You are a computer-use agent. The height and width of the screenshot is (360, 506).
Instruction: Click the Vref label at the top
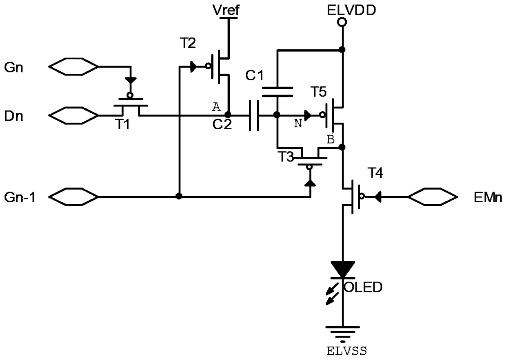pyautogui.click(x=226, y=10)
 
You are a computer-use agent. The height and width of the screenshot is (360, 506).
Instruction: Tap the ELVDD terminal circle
pyautogui.click(x=342, y=22)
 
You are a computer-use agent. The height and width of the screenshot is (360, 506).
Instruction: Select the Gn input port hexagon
pyautogui.click(x=73, y=66)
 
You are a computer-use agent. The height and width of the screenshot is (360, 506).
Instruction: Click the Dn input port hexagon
pyautogui.click(x=73, y=115)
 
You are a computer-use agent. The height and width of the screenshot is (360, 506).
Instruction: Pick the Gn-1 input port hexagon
pyautogui.click(x=73, y=197)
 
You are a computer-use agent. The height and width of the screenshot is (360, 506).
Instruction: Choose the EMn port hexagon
pyautogui.click(x=433, y=197)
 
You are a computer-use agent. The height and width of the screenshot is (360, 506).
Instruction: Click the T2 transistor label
pyautogui.click(x=188, y=43)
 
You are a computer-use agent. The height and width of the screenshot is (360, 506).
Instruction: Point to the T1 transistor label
pyautogui.click(x=122, y=124)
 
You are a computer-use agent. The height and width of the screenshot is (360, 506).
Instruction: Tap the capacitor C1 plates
pyautogui.click(x=277, y=92)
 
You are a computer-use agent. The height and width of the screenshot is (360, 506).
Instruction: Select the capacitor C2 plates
pyautogui.click(x=254, y=115)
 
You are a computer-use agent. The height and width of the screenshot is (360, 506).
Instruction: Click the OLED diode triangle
pyautogui.click(x=343, y=269)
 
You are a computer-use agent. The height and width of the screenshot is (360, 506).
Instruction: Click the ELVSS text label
pyautogui.click(x=347, y=351)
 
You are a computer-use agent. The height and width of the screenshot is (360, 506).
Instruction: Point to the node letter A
pyautogui.click(x=216, y=107)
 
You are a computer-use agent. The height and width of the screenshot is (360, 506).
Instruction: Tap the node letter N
pyautogui.click(x=298, y=124)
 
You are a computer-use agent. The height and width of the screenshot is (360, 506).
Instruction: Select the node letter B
pyautogui.click(x=331, y=139)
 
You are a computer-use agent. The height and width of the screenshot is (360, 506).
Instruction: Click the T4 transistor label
pyautogui.click(x=375, y=173)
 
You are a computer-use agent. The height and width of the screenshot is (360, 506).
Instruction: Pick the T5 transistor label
pyautogui.click(x=319, y=92)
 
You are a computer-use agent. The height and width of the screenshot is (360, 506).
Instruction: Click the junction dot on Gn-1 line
pyautogui.click(x=179, y=196)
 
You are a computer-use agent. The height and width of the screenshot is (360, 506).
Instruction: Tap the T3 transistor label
pyautogui.click(x=286, y=157)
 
